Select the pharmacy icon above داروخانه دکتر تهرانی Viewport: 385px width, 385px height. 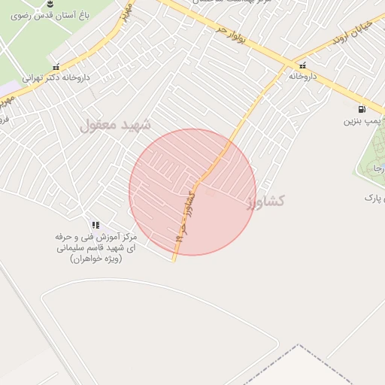click(x=56, y=65)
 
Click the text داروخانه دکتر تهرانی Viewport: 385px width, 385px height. click(x=56, y=77)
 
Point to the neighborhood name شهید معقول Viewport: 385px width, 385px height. click(x=115, y=125)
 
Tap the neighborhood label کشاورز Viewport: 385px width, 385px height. click(x=265, y=201)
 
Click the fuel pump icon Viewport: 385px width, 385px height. click(x=363, y=108)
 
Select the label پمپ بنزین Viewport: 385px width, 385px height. click(x=363, y=120)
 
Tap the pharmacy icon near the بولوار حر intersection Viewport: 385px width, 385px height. click(x=303, y=65)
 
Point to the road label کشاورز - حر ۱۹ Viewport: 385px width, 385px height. click(x=185, y=214)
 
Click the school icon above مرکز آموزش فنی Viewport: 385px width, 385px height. click(x=95, y=225)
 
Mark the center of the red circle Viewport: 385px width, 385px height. click(x=192, y=192)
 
